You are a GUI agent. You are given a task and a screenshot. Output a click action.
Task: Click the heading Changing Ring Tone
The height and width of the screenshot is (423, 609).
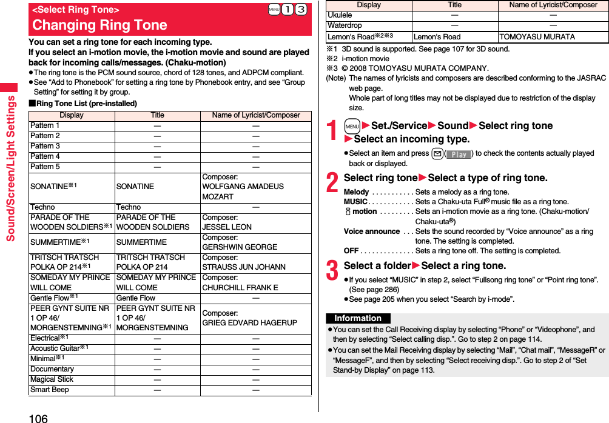(x=99, y=25)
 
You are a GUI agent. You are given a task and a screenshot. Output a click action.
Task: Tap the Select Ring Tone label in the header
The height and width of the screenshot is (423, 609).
(x=75, y=10)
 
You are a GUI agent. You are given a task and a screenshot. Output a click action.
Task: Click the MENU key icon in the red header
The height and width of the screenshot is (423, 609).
(x=275, y=10)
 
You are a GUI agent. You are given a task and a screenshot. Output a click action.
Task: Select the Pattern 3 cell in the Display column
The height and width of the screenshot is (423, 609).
(x=45, y=146)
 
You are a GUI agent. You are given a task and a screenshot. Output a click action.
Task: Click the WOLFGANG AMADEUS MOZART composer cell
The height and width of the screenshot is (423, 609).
(x=243, y=187)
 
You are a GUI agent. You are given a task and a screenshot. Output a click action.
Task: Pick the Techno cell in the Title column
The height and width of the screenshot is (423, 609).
(x=129, y=207)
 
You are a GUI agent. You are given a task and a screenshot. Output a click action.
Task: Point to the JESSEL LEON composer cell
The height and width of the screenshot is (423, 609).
(x=227, y=222)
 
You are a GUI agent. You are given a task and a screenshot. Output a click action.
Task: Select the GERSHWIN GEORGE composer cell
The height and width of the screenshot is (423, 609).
(x=240, y=242)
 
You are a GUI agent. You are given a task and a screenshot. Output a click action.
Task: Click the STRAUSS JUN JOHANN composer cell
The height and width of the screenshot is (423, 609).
(x=243, y=262)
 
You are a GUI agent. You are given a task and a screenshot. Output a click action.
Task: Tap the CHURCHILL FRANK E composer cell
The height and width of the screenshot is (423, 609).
(x=240, y=282)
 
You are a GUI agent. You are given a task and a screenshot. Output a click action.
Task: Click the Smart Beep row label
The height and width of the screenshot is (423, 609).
(x=50, y=390)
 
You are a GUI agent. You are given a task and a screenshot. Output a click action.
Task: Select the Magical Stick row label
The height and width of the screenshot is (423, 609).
(x=52, y=379)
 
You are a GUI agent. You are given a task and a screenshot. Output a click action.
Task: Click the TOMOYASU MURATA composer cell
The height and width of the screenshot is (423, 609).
(x=537, y=37)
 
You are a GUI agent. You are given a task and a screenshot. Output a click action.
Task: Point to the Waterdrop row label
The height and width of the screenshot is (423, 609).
(x=345, y=25)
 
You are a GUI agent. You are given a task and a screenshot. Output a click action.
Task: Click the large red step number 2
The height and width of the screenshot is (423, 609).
(x=332, y=181)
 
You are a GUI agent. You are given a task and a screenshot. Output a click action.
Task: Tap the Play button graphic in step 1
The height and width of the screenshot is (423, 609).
(x=459, y=154)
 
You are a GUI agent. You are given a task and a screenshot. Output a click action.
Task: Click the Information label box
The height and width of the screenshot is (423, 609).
(x=358, y=318)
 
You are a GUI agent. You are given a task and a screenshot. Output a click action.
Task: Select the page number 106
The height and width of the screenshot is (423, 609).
(x=37, y=417)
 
